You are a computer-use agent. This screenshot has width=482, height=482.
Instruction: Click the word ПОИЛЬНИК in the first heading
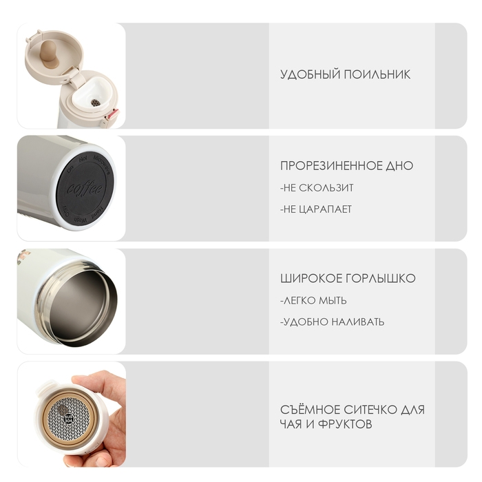(377, 74)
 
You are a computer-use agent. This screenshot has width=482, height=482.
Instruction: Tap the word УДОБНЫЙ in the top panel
(310, 74)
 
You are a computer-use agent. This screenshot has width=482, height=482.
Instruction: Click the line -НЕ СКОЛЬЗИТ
(317, 188)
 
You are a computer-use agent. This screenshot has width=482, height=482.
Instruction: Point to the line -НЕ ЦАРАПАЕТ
(316, 209)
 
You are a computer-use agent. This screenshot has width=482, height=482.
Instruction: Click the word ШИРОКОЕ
(311, 278)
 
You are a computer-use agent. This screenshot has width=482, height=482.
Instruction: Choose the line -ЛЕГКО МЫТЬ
(313, 300)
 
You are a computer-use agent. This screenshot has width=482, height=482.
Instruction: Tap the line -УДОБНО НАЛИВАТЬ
(333, 322)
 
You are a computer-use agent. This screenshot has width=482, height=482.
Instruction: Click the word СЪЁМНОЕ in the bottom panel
(310, 410)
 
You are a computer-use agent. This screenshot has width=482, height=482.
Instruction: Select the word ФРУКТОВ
(345, 425)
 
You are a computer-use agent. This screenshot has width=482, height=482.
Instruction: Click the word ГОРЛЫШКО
(381, 278)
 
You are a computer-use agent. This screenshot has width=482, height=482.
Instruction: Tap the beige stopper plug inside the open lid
(50, 53)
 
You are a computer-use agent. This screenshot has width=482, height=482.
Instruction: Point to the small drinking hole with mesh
(96, 103)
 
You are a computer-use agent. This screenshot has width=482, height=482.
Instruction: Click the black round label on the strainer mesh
(68, 418)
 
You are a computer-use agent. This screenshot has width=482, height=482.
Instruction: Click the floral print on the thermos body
(23, 257)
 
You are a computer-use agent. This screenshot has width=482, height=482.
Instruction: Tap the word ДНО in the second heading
(399, 166)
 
